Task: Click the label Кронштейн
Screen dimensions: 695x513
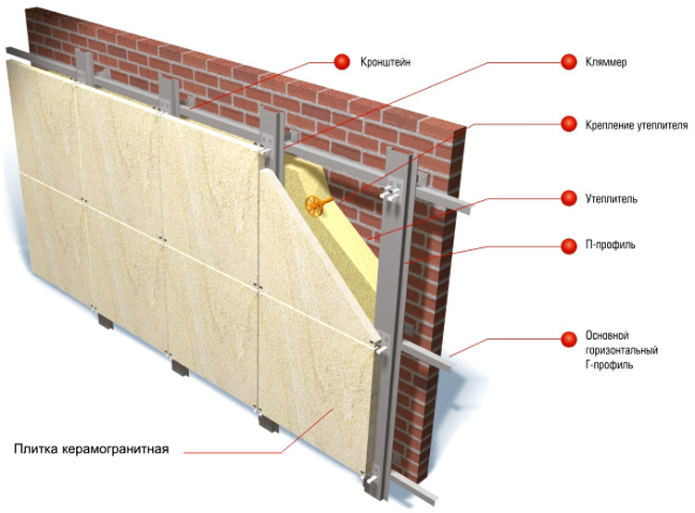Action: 385,61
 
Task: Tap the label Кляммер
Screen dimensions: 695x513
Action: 606,61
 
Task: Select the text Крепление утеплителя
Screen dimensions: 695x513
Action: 637,125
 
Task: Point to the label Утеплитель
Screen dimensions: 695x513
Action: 612,198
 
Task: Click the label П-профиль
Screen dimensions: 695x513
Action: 611,244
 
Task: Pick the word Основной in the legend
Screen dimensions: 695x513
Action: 607,335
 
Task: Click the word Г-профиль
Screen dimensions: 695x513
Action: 609,365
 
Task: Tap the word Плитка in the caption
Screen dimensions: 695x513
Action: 36,449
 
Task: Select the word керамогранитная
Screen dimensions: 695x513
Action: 115,449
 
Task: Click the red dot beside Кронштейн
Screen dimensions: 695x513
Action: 342,61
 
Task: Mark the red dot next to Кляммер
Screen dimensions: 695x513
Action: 569,61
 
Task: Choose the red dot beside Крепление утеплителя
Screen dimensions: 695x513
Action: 569,124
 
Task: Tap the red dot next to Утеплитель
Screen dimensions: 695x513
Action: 569,198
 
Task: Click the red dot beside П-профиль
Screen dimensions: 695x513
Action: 569,246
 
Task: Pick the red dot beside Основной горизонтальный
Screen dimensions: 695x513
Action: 569,339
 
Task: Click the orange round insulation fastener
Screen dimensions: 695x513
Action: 314,206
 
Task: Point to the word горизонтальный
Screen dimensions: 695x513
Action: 622,350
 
